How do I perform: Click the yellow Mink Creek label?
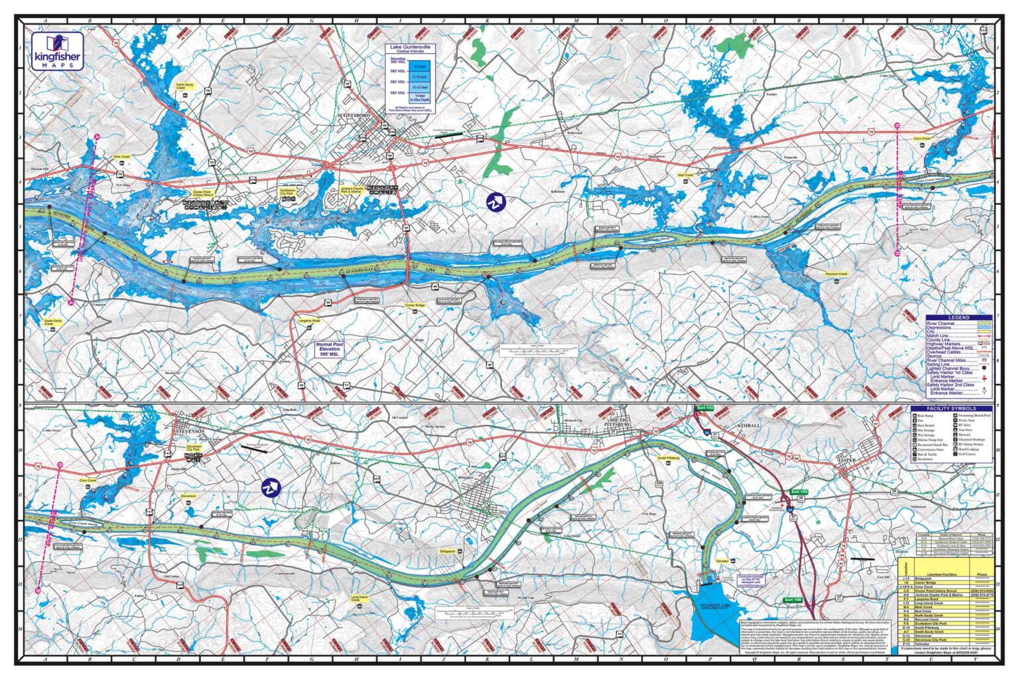pyautogui.click(x=121, y=157)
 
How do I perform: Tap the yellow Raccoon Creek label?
pyautogui.click(x=836, y=274)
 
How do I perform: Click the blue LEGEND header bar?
pyautogui.click(x=959, y=317)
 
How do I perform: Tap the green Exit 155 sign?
pyautogui.click(x=799, y=492)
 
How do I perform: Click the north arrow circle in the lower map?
pyautogui.click(x=271, y=488)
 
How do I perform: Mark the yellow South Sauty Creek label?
pyautogui.click(x=53, y=323)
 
